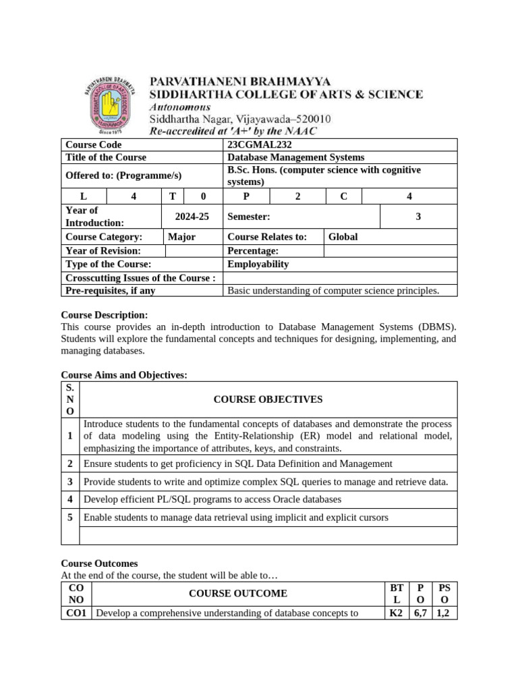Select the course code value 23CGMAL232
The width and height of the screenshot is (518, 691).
click(260, 144)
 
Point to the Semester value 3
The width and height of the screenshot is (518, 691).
click(418, 217)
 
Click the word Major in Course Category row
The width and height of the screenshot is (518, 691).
click(181, 237)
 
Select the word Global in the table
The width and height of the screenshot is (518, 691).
click(343, 237)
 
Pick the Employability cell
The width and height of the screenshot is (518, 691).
click(258, 264)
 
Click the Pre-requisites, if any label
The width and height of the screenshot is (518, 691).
click(110, 291)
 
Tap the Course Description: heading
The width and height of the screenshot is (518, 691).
click(104, 315)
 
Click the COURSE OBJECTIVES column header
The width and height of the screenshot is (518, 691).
click(268, 399)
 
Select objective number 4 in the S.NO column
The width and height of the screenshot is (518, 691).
click(70, 499)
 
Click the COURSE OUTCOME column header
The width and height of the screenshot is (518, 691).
click(237, 593)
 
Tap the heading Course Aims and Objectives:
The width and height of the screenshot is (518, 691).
click(124, 375)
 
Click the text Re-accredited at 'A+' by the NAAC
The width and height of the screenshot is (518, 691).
click(232, 130)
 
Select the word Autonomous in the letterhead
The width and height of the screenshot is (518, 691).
click(179, 107)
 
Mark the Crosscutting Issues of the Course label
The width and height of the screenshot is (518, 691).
click(140, 277)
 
